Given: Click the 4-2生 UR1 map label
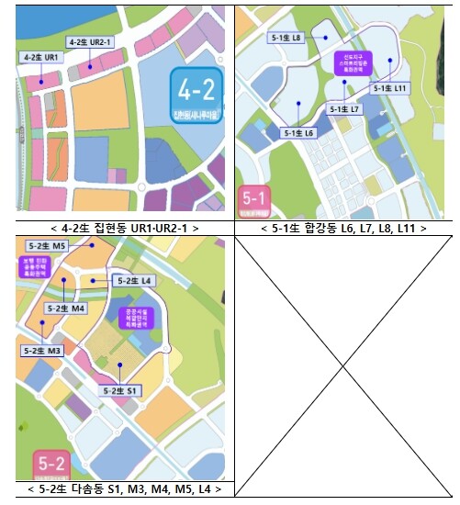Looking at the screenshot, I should tap(39, 57).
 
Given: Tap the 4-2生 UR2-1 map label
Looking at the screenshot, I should tap(90, 42).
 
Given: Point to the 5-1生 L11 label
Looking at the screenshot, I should tap(390, 88).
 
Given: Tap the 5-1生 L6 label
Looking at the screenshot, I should tap(299, 133).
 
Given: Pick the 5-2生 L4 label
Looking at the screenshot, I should tap(135, 280).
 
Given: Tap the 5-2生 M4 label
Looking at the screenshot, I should tap(66, 309).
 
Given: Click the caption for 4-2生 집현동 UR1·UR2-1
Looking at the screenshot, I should tap(126, 228).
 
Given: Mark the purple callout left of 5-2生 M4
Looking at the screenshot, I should tap(34, 266).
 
